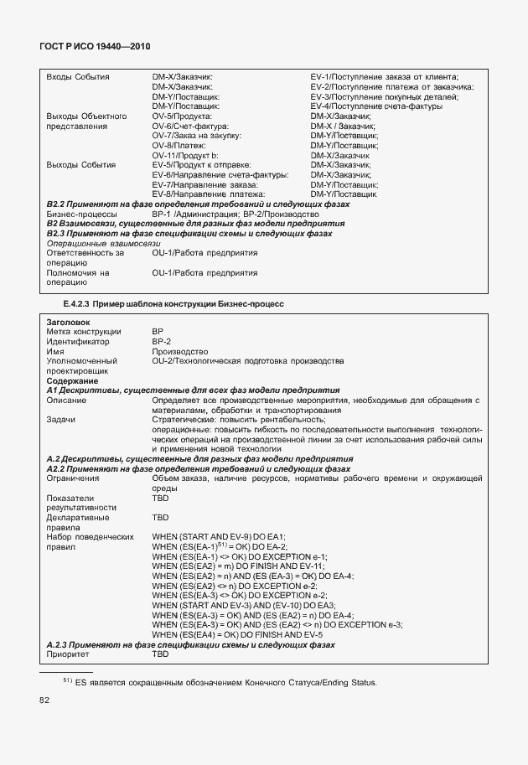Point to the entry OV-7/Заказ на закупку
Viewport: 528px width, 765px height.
197,135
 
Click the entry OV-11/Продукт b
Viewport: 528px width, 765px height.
185,155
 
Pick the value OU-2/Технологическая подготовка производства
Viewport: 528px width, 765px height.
247,361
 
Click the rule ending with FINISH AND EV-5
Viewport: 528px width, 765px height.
225,634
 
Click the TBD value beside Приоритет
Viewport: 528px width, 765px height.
160,654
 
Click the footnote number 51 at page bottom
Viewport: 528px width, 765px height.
67,680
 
